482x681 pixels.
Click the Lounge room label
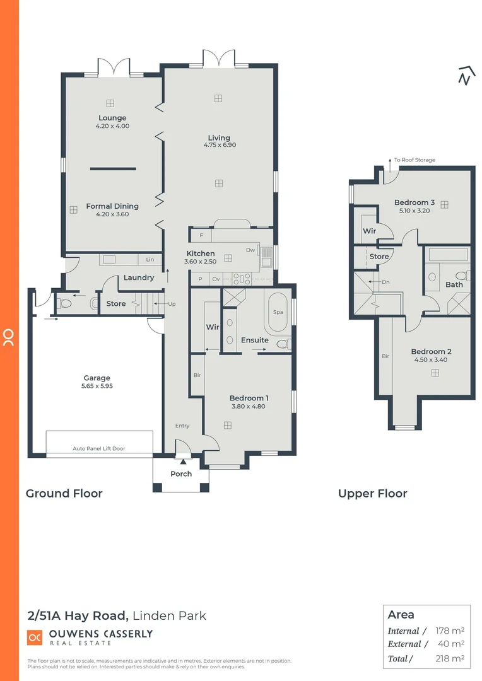tap(112, 118)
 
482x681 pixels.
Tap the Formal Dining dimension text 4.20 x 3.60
tap(112, 214)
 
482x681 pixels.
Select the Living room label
tap(219, 137)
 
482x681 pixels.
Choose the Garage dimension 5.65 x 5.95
tap(97, 386)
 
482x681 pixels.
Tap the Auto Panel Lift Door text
tap(99, 448)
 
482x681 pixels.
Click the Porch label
tap(181, 474)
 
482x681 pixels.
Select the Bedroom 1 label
tap(249, 398)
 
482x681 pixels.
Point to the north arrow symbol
tap(466, 75)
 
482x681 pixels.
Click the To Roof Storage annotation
tap(414, 160)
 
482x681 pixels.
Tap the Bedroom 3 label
tap(414, 202)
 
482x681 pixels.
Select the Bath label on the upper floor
tap(454, 284)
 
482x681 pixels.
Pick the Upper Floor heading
tap(372, 494)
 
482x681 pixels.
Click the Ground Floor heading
tap(64, 494)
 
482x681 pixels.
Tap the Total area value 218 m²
tap(450, 658)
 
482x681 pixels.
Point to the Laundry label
tap(139, 277)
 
